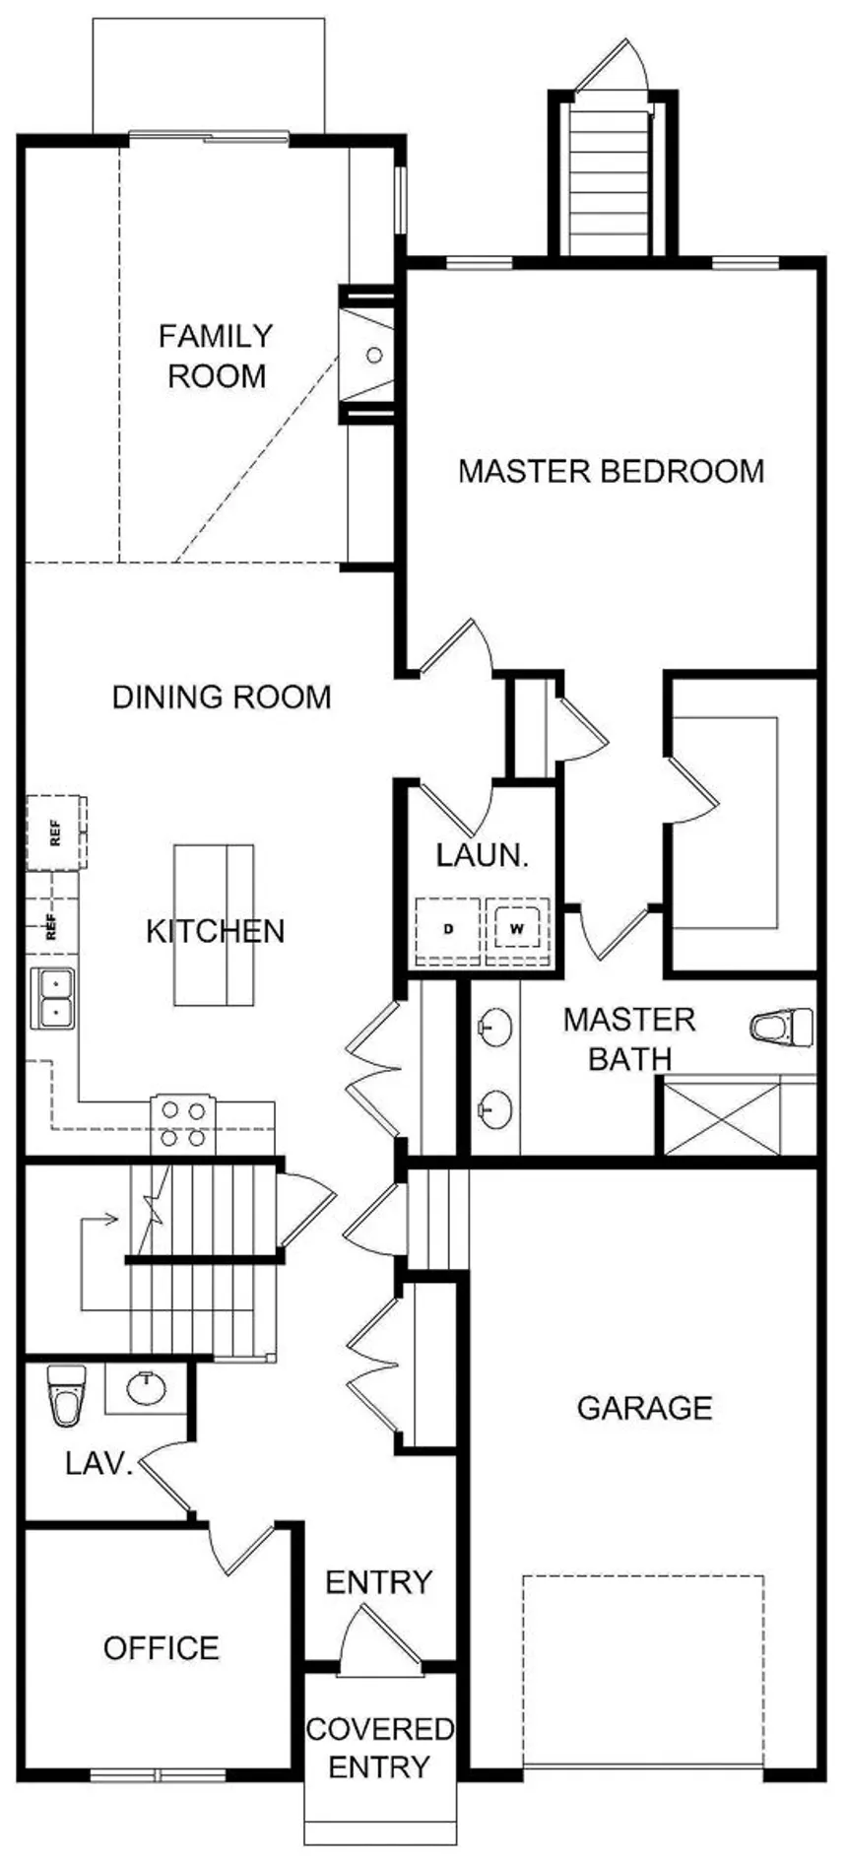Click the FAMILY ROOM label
[x=217, y=356]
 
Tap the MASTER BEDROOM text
[x=611, y=471]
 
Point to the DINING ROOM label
[x=222, y=698]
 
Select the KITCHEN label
[x=216, y=931]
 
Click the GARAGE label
[x=644, y=1408]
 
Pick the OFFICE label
[x=162, y=1648]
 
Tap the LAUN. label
[x=483, y=854]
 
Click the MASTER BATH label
[x=629, y=1038]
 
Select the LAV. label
[x=98, y=1463]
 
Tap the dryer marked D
[x=448, y=928]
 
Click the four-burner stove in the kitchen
[x=183, y=1124]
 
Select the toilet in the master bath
[x=782, y=1028]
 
